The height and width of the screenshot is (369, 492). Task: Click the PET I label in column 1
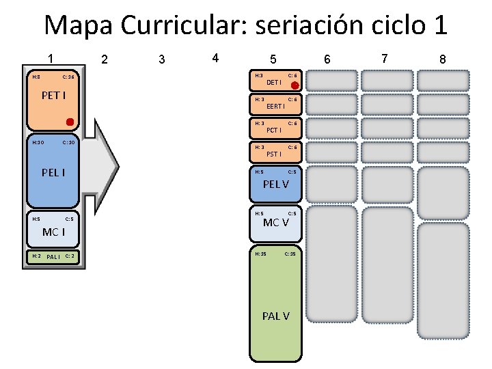click(x=53, y=95)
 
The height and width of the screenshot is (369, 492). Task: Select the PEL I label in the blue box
click(x=53, y=172)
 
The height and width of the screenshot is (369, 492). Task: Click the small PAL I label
click(x=53, y=257)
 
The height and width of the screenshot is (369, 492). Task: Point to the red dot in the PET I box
click(x=70, y=122)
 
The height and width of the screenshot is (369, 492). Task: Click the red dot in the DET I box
click(x=295, y=86)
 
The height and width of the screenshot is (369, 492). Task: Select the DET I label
click(x=274, y=83)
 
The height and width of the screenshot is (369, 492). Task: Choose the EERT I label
click(x=275, y=107)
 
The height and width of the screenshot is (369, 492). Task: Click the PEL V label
click(x=275, y=184)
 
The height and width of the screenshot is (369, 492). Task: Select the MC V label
click(x=275, y=223)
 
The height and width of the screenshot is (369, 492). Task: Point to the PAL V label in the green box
click(x=275, y=316)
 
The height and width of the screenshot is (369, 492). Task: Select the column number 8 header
click(x=442, y=59)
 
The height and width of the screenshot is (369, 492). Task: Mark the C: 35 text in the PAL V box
click(x=290, y=254)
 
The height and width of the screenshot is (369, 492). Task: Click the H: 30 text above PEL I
click(x=38, y=143)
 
